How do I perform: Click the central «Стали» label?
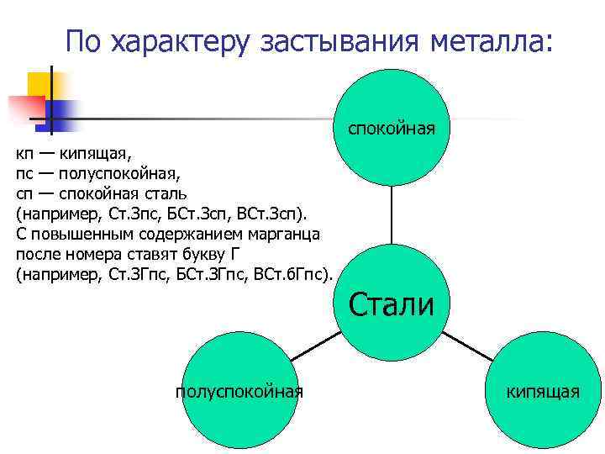[x=392, y=304]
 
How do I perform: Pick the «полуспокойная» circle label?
[x=239, y=391]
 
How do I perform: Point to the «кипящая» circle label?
[x=542, y=391]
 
